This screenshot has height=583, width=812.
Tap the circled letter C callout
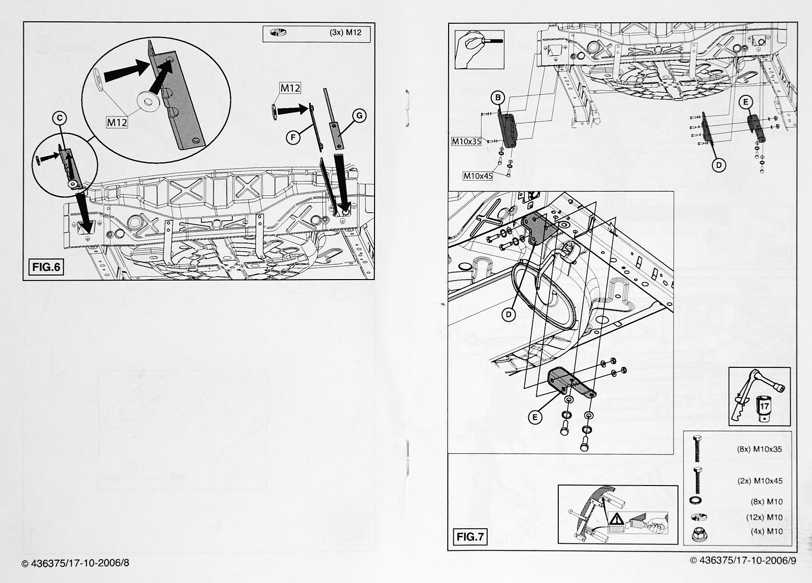point(59,118)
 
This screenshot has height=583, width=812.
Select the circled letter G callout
point(359,116)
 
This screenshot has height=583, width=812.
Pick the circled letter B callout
point(498,97)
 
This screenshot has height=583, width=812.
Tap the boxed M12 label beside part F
point(290,88)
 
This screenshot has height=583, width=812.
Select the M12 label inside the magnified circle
point(117,122)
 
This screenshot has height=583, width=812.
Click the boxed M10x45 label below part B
point(477,176)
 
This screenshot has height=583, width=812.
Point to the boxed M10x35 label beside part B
point(466,142)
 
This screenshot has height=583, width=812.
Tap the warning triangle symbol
point(617,519)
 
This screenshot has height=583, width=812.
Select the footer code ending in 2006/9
point(743,561)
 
